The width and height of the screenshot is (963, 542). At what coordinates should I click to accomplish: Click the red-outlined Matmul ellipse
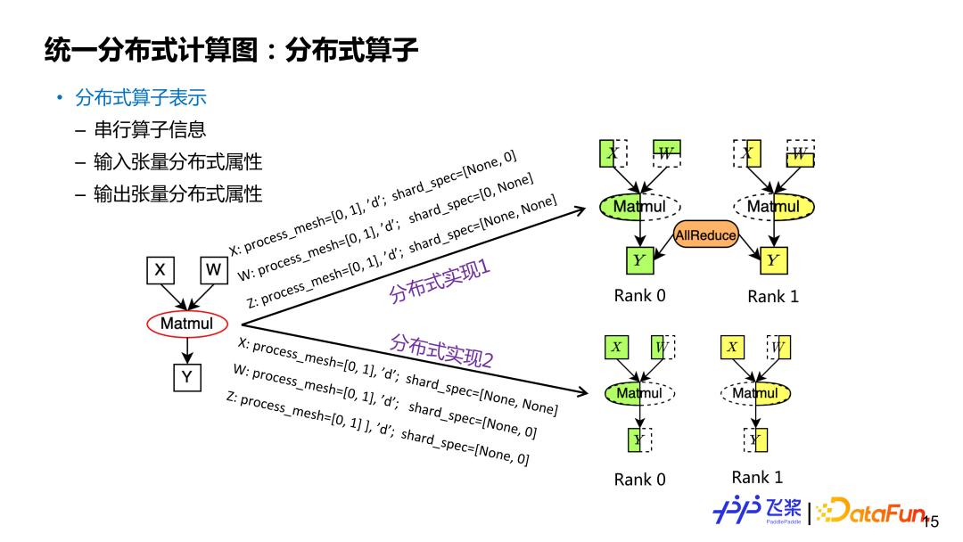tap(187, 324)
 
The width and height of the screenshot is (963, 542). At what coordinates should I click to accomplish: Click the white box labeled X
tap(160, 269)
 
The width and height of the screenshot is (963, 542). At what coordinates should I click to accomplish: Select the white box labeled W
tap(214, 269)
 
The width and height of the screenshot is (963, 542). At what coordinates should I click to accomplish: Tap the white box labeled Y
tap(187, 377)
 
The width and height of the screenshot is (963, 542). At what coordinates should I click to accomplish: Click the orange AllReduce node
tap(706, 235)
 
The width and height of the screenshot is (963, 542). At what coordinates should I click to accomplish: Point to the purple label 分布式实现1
tap(440, 281)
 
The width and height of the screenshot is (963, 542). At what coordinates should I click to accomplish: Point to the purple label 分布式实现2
tap(441, 351)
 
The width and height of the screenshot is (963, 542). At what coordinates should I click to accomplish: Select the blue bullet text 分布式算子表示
tap(141, 97)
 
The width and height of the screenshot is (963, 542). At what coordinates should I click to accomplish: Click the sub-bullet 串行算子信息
tap(150, 129)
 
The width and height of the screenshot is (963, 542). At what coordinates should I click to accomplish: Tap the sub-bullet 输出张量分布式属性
tap(177, 193)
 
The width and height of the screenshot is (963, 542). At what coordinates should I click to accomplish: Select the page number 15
tap(930, 521)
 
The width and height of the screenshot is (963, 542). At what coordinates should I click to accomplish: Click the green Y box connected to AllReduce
tap(638, 261)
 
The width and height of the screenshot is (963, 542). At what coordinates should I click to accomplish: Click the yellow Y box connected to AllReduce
tap(773, 260)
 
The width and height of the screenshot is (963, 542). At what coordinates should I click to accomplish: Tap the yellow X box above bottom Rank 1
tap(732, 347)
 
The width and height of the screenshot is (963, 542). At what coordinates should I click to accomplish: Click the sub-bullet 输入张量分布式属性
tap(177, 161)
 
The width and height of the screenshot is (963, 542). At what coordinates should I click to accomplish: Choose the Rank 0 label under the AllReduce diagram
tap(639, 295)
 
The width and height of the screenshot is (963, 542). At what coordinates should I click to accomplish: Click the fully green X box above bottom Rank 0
tap(616, 347)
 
